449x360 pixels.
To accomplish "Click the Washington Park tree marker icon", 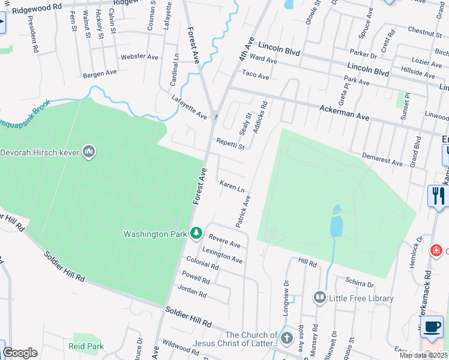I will click(196, 233).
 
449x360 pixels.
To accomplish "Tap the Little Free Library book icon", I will click(319, 298).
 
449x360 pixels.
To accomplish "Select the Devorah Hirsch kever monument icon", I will click(89, 152).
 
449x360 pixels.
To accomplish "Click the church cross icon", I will click(286, 337).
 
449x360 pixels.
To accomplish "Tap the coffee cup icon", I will click(431, 326).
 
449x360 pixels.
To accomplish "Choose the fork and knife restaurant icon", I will click(438, 196).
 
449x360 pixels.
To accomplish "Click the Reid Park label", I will click(86, 346).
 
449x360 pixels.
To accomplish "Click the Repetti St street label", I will click(231, 145).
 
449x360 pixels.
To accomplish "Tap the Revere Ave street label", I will click(225, 241).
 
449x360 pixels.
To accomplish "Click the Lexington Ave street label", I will click(222, 255).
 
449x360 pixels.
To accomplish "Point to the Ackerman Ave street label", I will click(354, 109).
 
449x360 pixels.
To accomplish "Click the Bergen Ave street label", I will click(100, 73).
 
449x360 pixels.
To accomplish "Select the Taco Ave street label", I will click(255, 75).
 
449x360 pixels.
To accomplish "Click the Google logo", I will click(20, 352).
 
